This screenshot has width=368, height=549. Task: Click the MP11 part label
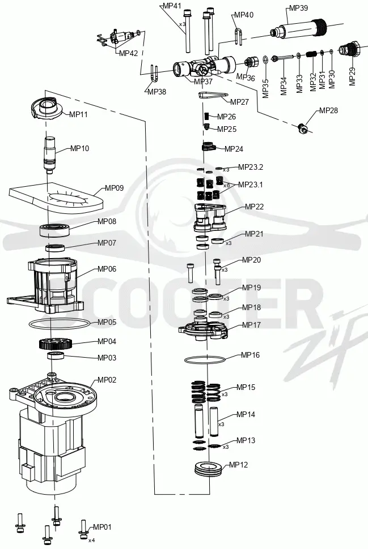[78, 114]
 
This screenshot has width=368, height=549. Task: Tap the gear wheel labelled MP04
[56, 344]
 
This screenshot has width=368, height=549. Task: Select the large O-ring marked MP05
[59, 324]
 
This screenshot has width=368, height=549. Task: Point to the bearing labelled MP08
[56, 230]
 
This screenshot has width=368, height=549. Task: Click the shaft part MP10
[49, 155]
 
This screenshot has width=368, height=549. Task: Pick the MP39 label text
[298, 8]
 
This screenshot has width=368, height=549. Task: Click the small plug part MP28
[303, 128]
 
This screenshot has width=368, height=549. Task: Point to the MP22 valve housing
[210, 217]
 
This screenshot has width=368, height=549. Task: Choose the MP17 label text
[251, 325]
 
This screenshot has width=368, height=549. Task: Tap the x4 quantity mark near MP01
[91, 541]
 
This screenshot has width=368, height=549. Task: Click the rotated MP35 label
[265, 88]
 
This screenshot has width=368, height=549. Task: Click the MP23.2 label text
[251, 167]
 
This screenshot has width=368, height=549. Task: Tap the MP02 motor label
[107, 380]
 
